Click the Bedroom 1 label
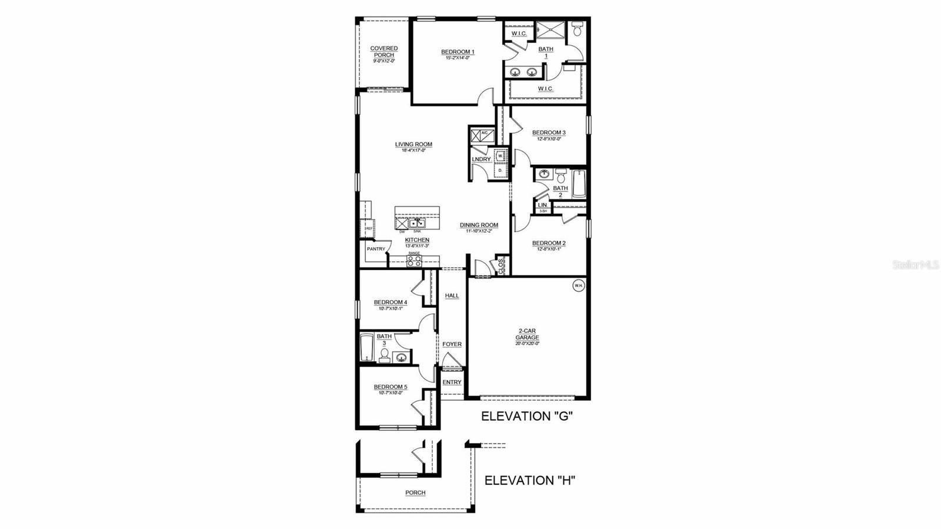(x=458, y=52)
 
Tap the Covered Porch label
(x=383, y=52)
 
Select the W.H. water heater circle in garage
(x=578, y=285)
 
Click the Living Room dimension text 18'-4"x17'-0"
(x=413, y=151)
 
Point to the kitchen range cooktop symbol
(x=414, y=261)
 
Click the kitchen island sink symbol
(x=417, y=224)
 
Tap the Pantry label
(x=375, y=249)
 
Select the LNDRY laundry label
(x=481, y=159)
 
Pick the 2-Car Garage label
(x=528, y=334)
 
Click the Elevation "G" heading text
(x=527, y=416)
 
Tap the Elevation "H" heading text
(x=529, y=480)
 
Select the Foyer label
(x=452, y=344)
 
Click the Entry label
(x=452, y=382)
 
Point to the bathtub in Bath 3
(x=366, y=348)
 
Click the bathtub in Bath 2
(x=579, y=184)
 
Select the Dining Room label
(x=479, y=225)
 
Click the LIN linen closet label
(x=542, y=205)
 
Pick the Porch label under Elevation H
(x=415, y=493)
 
